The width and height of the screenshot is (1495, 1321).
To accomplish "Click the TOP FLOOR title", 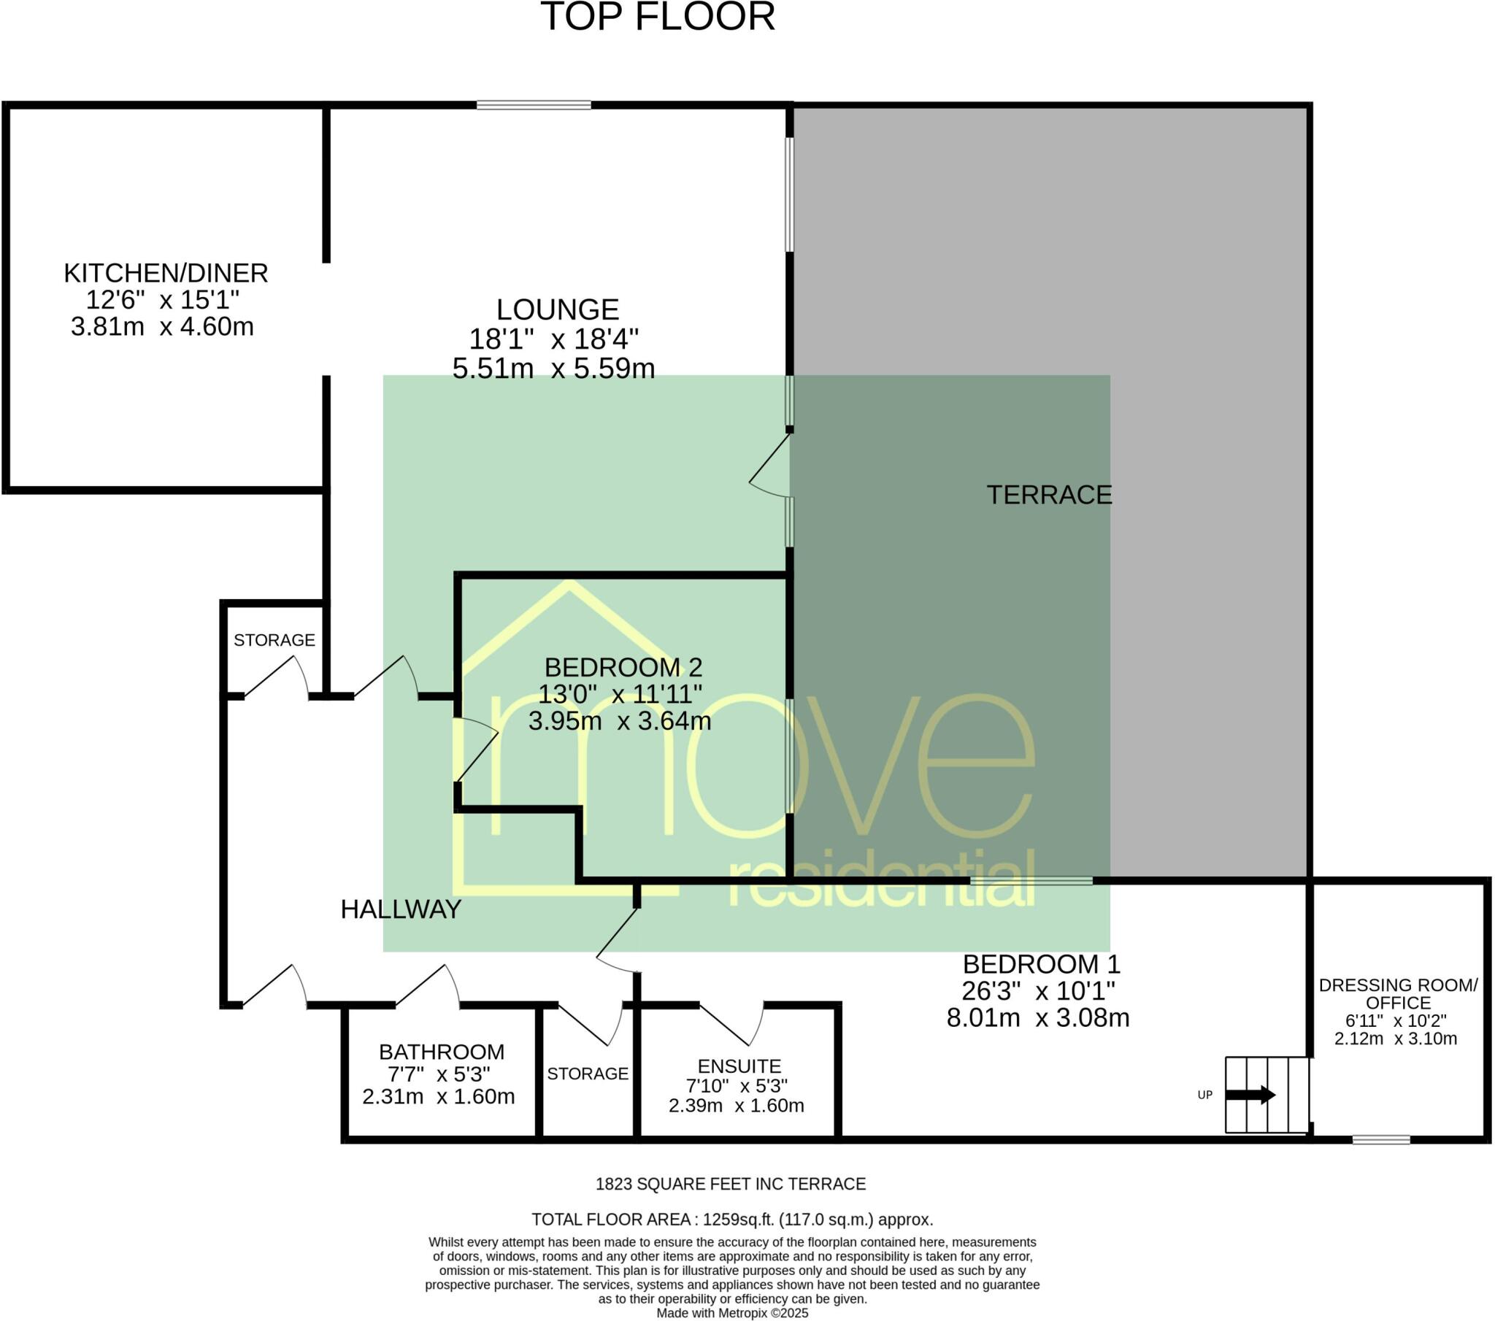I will click(657, 17).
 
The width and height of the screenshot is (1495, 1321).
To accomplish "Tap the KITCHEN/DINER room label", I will click(166, 274).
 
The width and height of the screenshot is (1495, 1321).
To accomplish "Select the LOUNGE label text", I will click(557, 309).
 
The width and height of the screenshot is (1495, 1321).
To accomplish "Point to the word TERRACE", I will click(1049, 495).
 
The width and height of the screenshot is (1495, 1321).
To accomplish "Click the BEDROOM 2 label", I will click(623, 667).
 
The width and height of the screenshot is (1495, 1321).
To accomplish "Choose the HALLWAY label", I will click(401, 909).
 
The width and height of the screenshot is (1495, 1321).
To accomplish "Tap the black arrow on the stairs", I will click(1250, 1095).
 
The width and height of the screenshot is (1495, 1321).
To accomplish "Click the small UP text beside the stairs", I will click(1204, 1095).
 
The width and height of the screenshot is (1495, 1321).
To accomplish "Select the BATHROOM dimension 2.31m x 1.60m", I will click(438, 1096).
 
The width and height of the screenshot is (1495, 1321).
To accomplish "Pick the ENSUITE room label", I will click(739, 1066).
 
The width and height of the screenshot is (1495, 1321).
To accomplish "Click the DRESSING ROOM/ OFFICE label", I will click(1398, 994).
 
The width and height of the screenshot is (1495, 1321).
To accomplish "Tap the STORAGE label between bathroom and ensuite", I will click(588, 1074).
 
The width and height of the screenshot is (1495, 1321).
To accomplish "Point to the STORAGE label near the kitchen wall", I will click(274, 640).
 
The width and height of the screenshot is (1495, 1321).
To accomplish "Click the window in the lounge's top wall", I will click(534, 105).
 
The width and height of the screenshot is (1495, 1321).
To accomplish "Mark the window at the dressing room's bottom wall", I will click(1381, 1139).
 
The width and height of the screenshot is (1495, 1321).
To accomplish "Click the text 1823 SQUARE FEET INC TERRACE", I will click(730, 1184).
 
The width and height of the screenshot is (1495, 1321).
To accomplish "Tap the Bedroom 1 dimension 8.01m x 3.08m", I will click(1037, 1017).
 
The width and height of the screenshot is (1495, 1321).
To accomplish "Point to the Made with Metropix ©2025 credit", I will click(731, 1313).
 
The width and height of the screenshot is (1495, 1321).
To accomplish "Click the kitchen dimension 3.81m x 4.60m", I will click(162, 326).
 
